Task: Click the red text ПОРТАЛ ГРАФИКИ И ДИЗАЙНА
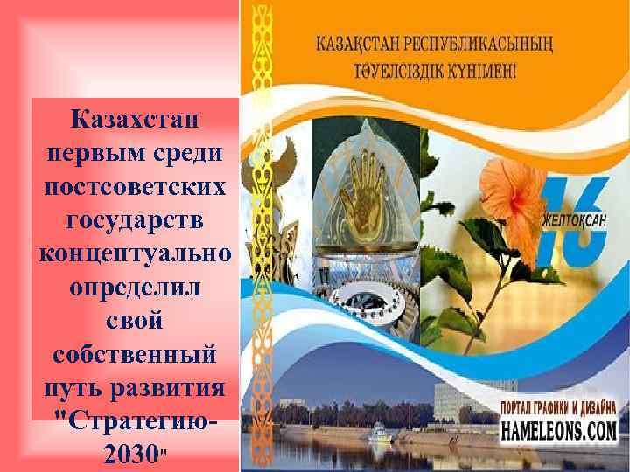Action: (x=559, y=407)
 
